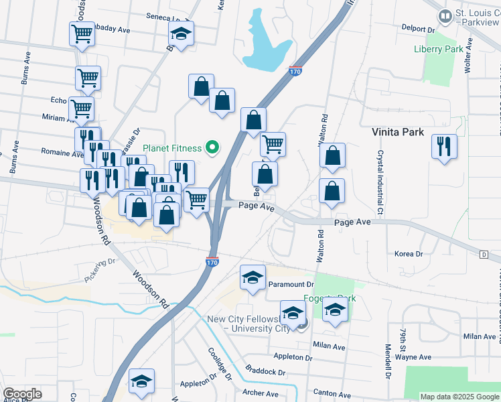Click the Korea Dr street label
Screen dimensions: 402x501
coord(409,254)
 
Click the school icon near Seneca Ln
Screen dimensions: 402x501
coord(180,33)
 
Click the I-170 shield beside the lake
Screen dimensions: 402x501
coord(295,71)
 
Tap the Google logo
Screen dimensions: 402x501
coord(23,394)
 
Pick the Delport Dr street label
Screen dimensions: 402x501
coord(418,29)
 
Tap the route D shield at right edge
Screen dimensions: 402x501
coord(484,254)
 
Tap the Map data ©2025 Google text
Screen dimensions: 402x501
coord(459,397)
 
